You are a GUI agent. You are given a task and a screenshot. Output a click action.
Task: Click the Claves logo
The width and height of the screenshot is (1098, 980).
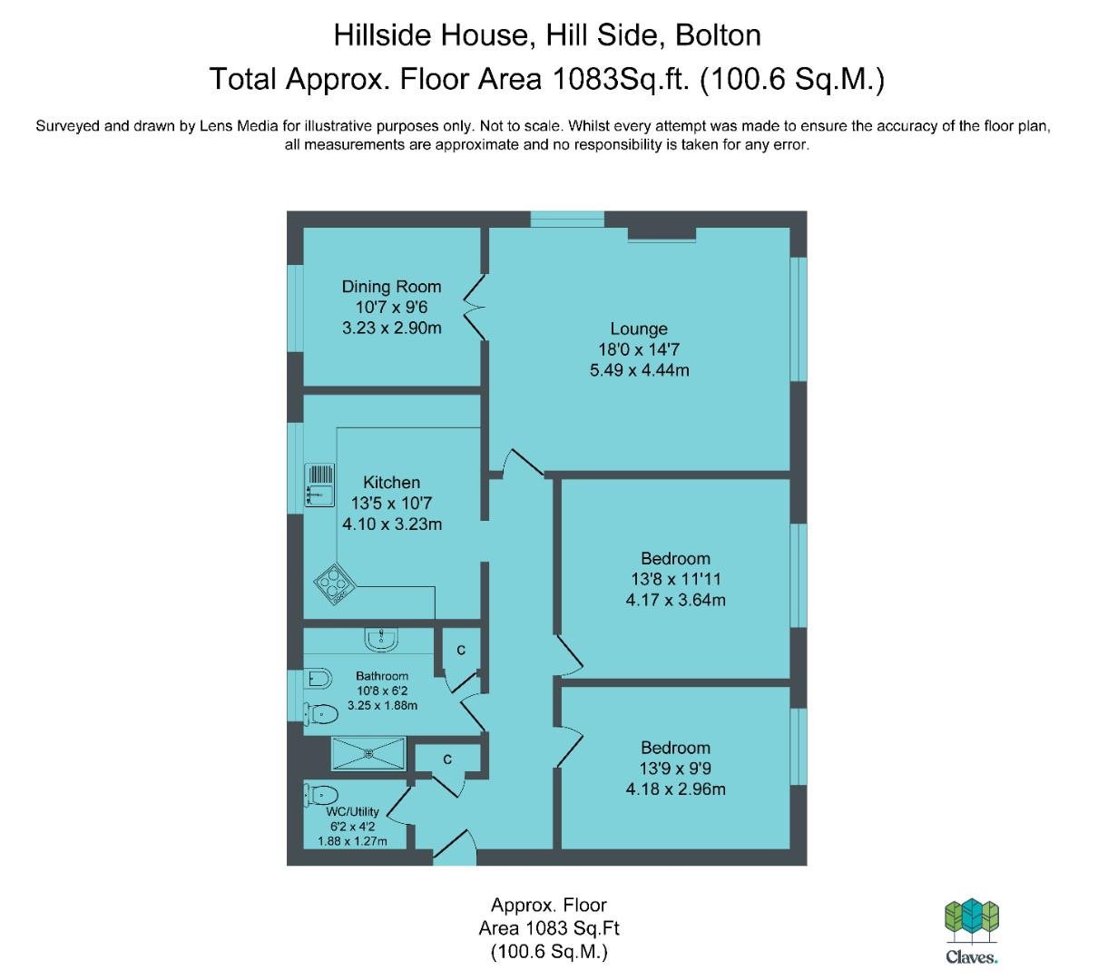(x=971, y=931)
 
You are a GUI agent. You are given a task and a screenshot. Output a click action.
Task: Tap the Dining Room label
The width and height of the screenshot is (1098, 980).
(x=391, y=286)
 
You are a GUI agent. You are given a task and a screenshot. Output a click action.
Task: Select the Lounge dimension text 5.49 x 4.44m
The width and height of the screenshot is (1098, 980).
(x=639, y=370)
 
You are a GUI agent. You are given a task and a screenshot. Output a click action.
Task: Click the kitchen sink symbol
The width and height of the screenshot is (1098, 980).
(x=319, y=485)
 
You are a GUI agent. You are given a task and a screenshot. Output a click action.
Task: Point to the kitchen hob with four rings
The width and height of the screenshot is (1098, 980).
(x=335, y=584)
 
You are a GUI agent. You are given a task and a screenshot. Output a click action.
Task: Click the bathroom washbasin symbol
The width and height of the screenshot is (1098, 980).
(x=381, y=640)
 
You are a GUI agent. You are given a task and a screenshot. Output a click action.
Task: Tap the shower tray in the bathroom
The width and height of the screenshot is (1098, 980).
(x=368, y=753)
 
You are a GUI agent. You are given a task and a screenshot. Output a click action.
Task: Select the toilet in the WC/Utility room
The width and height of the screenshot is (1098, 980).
(x=321, y=795)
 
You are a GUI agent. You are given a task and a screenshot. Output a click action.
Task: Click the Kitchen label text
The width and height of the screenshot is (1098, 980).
(x=391, y=482)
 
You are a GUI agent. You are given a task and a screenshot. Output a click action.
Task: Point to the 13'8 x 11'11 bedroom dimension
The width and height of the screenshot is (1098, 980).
(x=675, y=579)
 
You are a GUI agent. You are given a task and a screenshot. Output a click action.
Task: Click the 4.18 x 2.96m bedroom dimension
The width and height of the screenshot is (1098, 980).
(x=675, y=789)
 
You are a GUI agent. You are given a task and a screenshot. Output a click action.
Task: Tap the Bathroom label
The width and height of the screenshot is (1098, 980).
(x=382, y=675)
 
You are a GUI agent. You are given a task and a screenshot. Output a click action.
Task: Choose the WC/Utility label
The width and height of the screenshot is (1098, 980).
(x=352, y=811)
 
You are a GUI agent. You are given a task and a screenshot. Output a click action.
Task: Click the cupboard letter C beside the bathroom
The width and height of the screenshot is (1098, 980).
(x=461, y=650)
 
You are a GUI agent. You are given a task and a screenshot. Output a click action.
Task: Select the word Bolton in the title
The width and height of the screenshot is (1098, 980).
(x=718, y=35)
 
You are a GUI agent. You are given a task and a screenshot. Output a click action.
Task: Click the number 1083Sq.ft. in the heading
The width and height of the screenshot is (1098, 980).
(x=621, y=79)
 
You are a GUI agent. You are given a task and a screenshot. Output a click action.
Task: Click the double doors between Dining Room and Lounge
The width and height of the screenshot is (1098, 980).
(x=475, y=308)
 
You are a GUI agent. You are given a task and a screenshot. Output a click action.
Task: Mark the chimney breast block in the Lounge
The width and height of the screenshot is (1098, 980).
(x=662, y=233)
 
